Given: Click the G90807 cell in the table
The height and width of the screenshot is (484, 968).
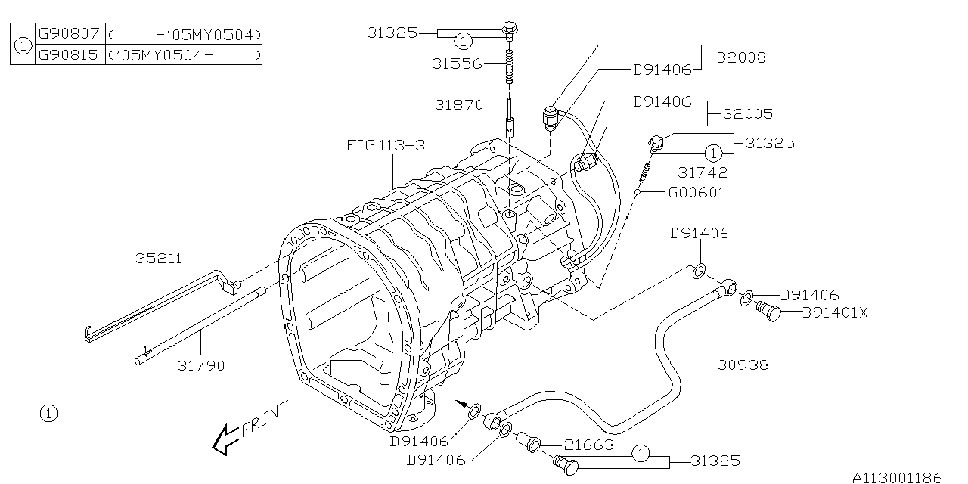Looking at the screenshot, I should [x=70, y=34].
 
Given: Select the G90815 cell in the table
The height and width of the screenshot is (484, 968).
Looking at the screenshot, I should [x=70, y=54].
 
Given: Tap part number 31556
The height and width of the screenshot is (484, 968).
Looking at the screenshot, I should [x=457, y=64].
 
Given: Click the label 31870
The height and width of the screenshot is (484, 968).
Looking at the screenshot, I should [x=459, y=104].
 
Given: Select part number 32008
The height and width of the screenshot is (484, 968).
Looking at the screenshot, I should [x=740, y=57].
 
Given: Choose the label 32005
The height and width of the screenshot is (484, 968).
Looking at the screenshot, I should [x=747, y=114].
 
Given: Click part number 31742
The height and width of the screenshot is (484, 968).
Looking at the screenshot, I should [x=703, y=172].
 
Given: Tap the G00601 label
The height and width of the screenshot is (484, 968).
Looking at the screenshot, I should [x=696, y=192].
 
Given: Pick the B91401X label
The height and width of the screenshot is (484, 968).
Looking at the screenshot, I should [x=835, y=311].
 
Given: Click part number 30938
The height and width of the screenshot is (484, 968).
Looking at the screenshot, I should [x=743, y=365].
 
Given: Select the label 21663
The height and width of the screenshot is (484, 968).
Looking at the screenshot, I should [x=588, y=445].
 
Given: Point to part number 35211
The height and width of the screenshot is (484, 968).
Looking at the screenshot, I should [x=159, y=258].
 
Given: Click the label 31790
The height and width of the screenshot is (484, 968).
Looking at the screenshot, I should [x=201, y=366].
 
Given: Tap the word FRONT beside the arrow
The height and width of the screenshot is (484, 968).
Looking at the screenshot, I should [x=265, y=420].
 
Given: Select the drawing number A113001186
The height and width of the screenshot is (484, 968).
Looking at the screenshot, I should [x=898, y=477].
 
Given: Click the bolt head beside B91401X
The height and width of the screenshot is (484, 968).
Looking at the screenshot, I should [x=769, y=311].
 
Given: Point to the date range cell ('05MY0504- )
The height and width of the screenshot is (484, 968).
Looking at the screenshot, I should [x=184, y=54].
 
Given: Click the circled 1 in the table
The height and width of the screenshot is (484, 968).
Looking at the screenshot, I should [x=23, y=45].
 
